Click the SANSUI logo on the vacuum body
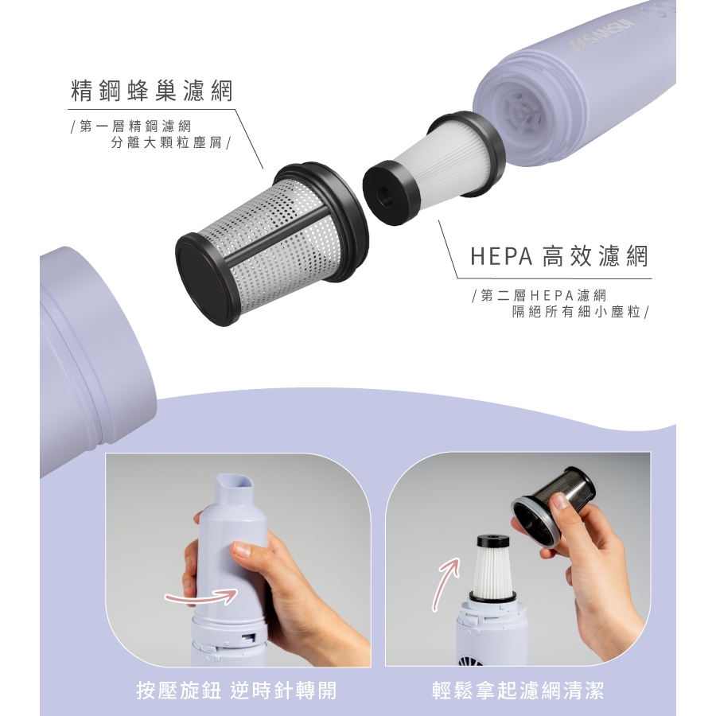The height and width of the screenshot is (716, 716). [x=602, y=33]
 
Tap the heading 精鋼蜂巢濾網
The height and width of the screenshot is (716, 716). [x=152, y=91]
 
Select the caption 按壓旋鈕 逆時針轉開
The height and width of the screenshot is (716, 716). [x=236, y=691]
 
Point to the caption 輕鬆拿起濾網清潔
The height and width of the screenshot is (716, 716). [x=518, y=691]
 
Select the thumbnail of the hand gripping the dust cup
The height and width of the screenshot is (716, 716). [x=238, y=560]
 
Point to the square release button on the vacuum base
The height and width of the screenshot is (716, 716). [x=248, y=637]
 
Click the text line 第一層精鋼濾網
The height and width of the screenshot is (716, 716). [x=135, y=126]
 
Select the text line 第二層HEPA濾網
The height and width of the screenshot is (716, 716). [x=543, y=295]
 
